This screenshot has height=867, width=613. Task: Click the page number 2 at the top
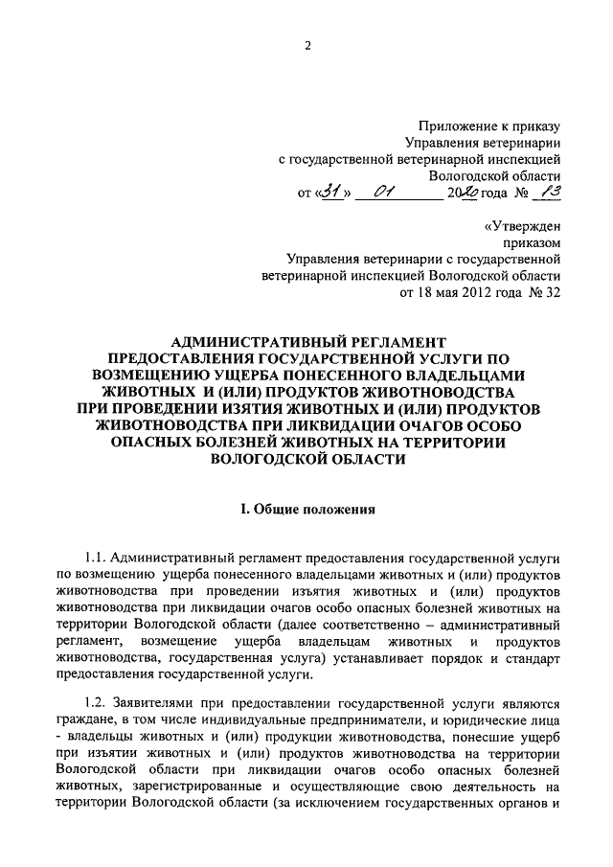pyautogui.click(x=308, y=45)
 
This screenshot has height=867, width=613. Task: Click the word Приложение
pyautogui.click(x=461, y=125)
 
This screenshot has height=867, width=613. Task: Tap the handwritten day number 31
pyautogui.click(x=331, y=194)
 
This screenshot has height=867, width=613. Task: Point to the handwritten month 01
pyautogui.click(x=386, y=194)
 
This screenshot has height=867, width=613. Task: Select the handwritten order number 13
pyautogui.click(x=548, y=194)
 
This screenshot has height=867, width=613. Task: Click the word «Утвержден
pyautogui.click(x=524, y=228)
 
